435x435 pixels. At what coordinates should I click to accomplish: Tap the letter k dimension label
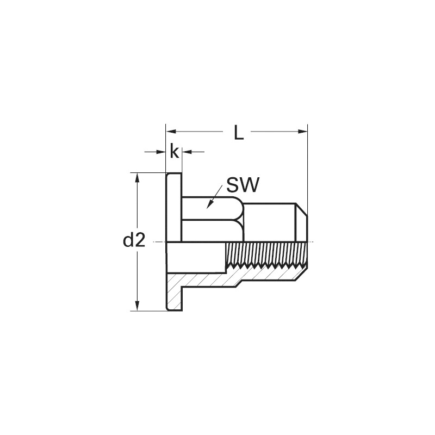(x=174, y=151)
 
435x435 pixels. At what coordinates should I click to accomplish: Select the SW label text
(x=243, y=185)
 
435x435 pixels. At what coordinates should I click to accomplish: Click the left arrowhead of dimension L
(x=170, y=132)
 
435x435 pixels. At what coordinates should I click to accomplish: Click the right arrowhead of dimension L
(x=303, y=132)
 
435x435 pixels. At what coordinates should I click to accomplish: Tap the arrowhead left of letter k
(x=161, y=152)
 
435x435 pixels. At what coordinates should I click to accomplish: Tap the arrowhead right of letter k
(x=187, y=152)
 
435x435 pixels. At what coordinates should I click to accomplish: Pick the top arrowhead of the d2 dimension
(x=136, y=178)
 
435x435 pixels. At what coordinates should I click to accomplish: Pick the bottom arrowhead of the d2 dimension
(x=136, y=306)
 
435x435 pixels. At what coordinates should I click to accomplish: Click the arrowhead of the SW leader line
(x=210, y=204)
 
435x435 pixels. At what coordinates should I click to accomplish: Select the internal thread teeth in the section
(x=266, y=266)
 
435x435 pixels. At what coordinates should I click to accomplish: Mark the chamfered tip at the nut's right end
(x=302, y=222)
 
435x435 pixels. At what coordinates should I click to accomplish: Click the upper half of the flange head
(x=174, y=208)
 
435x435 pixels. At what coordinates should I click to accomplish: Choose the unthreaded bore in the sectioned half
(x=196, y=257)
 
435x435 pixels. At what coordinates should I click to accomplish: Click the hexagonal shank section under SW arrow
(x=212, y=219)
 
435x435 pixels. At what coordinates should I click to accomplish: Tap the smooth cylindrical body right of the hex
(x=269, y=222)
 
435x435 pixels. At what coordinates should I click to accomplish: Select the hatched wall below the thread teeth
(x=266, y=275)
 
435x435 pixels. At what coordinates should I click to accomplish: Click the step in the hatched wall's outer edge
(x=239, y=284)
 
